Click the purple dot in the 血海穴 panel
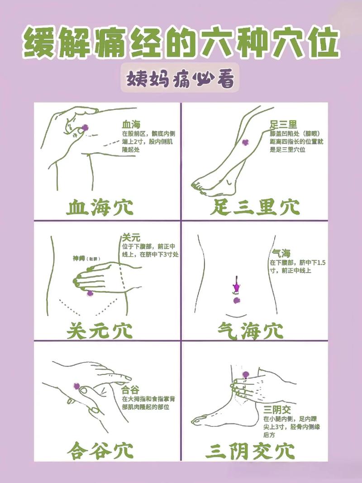84,129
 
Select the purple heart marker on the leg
245,143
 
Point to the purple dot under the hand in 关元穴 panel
90,293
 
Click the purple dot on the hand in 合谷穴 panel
76,386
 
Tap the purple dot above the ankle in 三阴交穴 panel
246,374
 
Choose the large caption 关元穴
100,330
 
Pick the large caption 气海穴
250,330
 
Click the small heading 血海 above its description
131,124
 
